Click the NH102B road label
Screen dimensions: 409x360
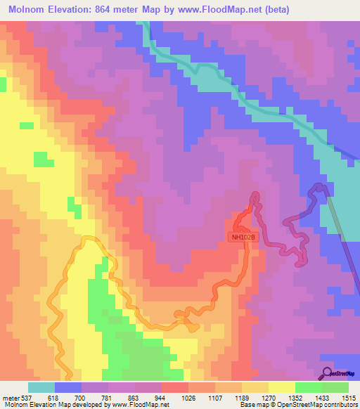(242, 238)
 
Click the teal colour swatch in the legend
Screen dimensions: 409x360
(41, 387)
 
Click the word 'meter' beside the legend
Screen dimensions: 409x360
(9, 397)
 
